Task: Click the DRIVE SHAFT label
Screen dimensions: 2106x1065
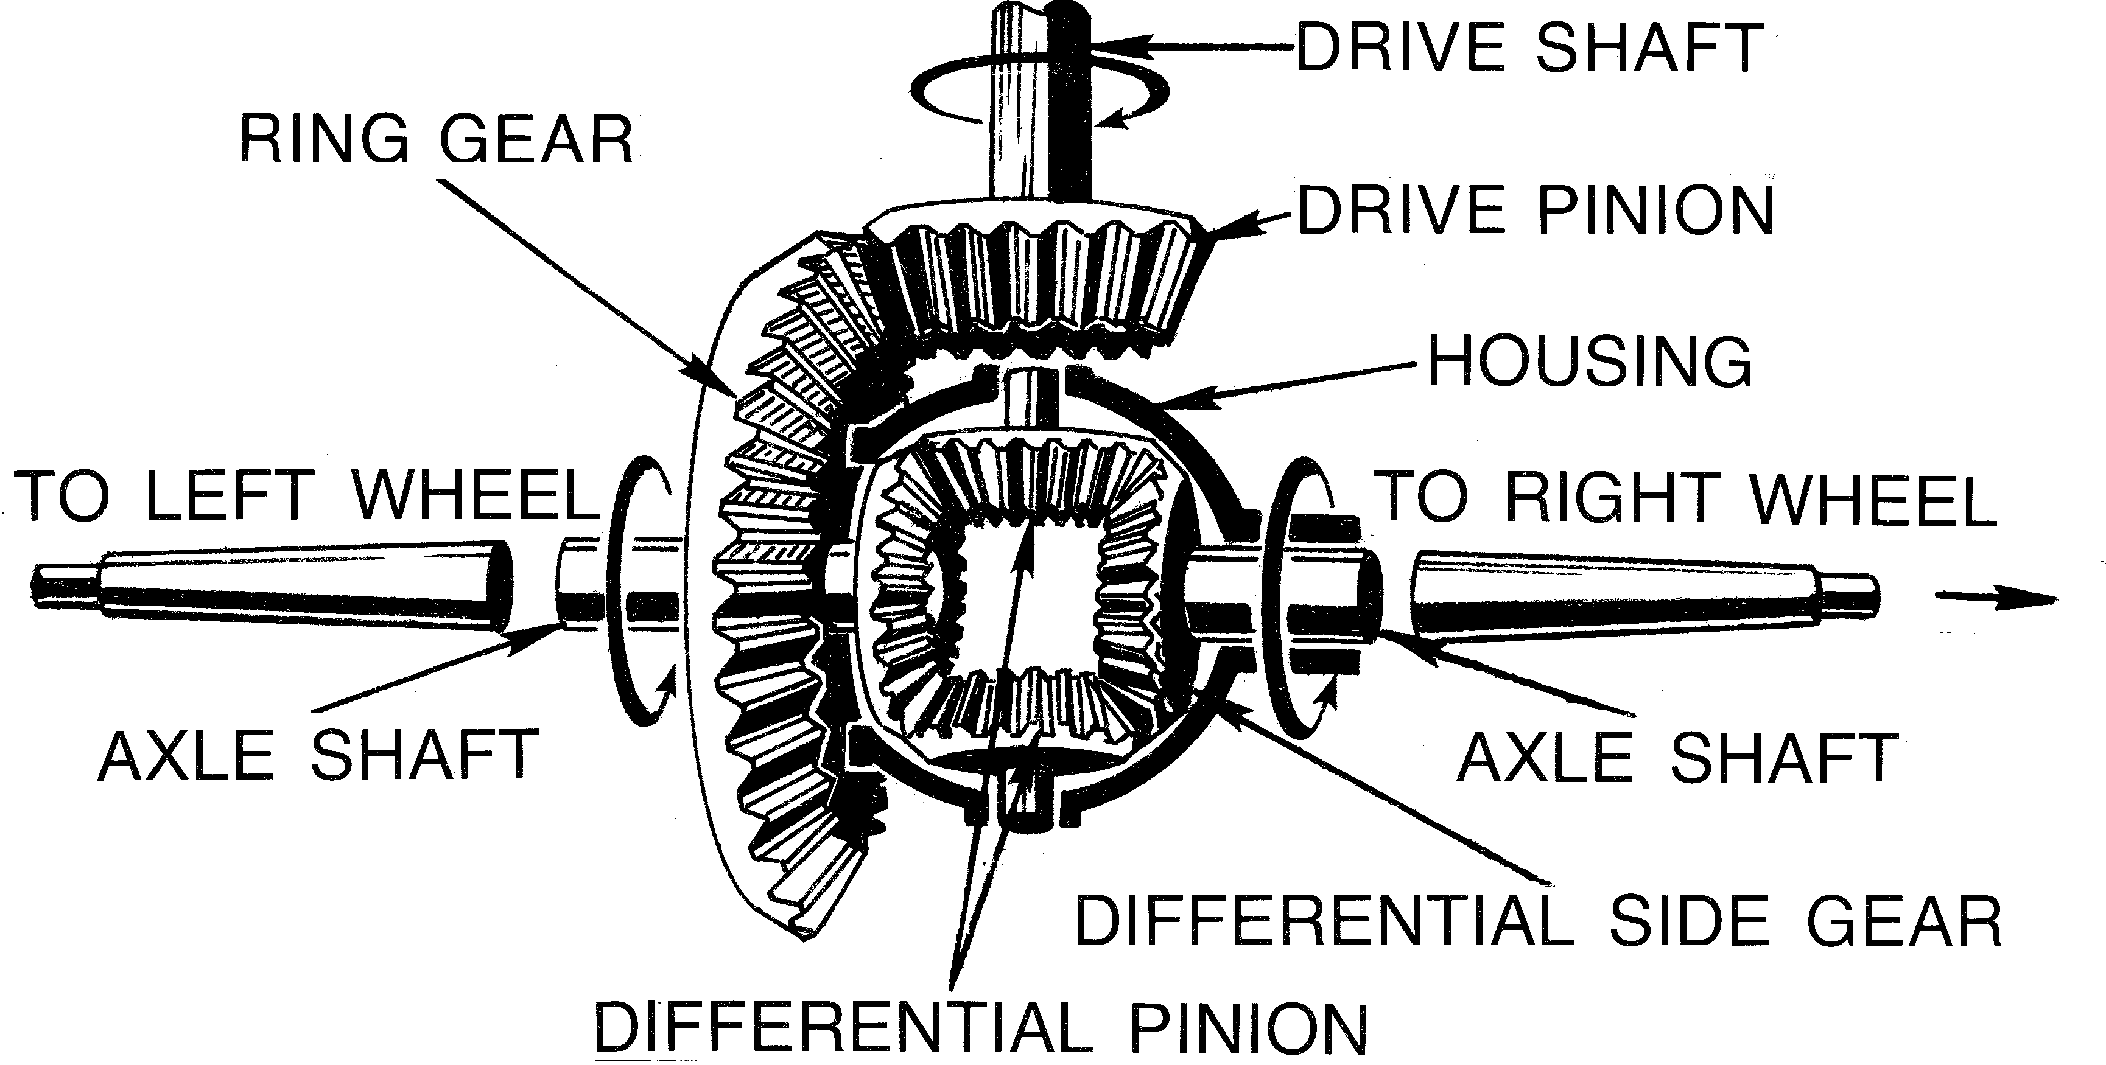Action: click(x=1529, y=47)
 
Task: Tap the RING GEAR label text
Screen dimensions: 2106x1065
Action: click(x=437, y=140)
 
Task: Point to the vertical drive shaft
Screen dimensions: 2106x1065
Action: click(x=1039, y=98)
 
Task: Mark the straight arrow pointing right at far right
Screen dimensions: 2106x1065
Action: click(x=1995, y=599)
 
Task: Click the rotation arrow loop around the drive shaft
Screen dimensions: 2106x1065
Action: click(x=1040, y=86)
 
